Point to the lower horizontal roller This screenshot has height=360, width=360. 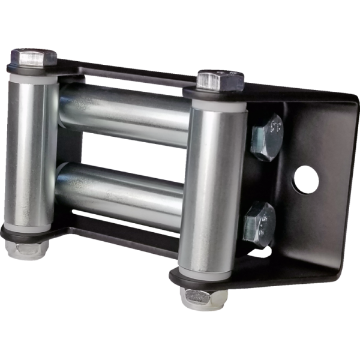pos(123,189)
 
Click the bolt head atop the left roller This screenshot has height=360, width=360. pos(33,58)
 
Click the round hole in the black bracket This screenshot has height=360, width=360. pos(306,179)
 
